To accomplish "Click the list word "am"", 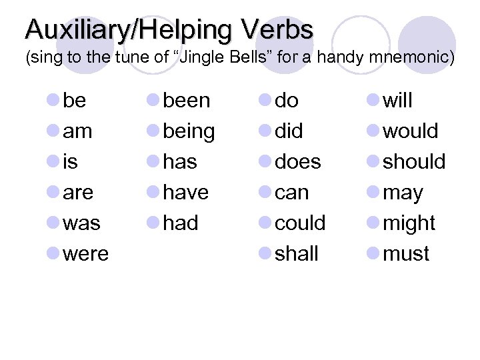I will tap(77, 131).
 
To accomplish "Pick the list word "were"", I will tap(86, 254).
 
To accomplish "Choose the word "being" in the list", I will tap(189, 132).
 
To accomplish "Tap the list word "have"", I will tap(186, 193).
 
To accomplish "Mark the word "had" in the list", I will tap(181, 223).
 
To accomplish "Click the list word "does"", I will tap(298, 162).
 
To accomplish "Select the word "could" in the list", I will tap(300, 223).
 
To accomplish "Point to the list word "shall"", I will tap(297, 254).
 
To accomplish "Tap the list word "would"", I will tap(411, 131).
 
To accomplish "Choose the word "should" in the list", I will tap(414, 162).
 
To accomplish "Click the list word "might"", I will tap(409, 223).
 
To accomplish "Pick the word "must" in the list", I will tap(406, 254).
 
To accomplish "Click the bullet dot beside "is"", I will tap(53, 162).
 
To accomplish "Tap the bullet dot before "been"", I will tap(153, 101).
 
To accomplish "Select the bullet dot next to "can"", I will tap(265, 193).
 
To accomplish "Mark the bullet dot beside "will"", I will tap(373, 101).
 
